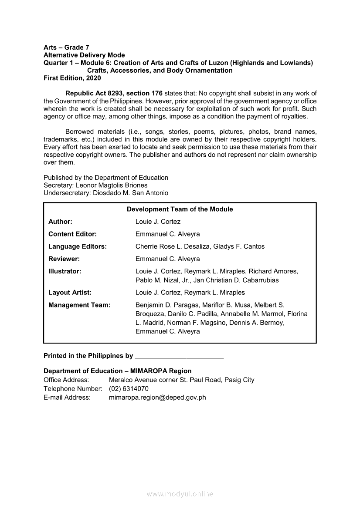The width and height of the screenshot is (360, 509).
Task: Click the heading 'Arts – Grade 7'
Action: tap(67, 47)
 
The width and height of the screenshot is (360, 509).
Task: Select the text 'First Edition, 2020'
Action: tap(72, 78)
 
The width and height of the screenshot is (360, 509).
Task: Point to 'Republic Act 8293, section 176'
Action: tap(114, 93)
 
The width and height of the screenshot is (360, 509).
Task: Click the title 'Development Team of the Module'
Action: tap(180, 209)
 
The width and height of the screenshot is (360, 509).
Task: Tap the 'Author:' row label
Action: tap(60, 222)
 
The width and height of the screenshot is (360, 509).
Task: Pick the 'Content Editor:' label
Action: tap(72, 234)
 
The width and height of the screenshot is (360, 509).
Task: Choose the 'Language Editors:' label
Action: tap(78, 246)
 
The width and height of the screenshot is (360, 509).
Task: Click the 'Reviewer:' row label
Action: tap(64, 259)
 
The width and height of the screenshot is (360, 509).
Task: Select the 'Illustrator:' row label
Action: tap(65, 271)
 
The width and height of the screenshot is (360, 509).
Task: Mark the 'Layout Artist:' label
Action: tap(70, 293)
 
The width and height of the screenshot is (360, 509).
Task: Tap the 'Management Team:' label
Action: tap(79, 305)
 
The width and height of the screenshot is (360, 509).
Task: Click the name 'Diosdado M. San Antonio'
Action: tap(131, 193)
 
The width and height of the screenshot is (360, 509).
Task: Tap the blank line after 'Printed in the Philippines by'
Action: tap(180, 356)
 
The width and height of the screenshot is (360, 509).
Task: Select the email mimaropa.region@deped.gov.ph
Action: tap(157, 397)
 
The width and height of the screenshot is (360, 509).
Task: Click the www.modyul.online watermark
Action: tap(180, 494)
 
